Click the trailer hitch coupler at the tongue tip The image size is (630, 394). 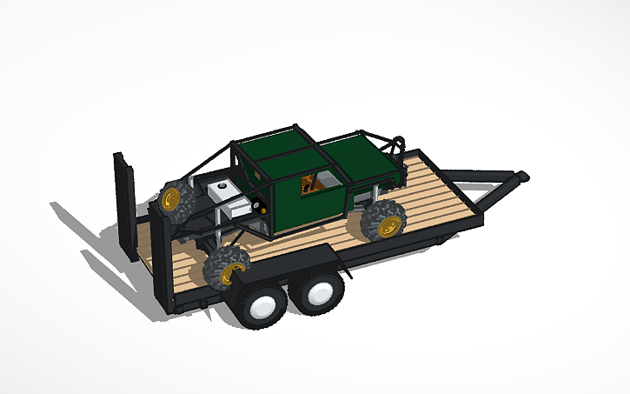[521, 177]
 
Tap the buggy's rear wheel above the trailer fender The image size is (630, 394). [227, 265]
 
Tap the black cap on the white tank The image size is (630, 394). [222, 184]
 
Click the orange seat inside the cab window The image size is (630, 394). [308, 184]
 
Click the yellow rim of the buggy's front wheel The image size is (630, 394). [390, 227]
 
